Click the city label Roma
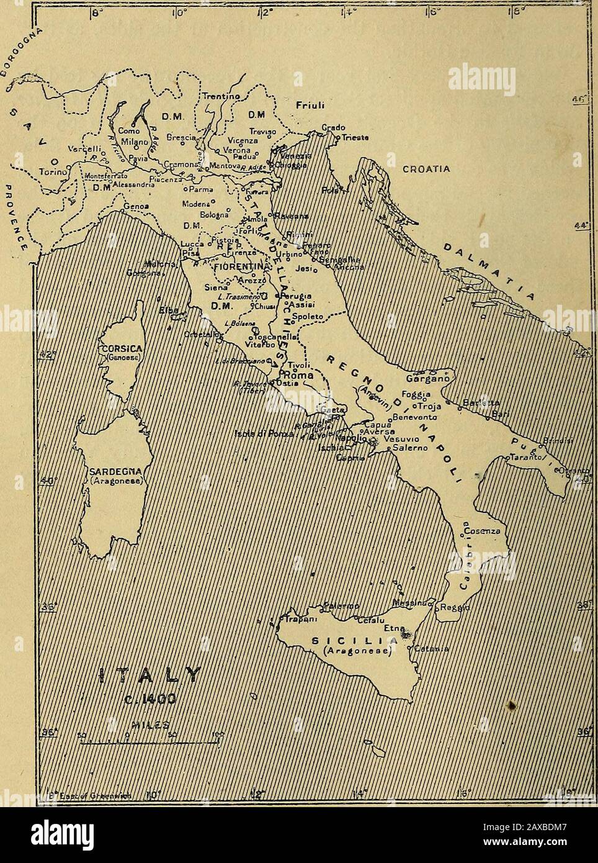[x=296, y=375]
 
